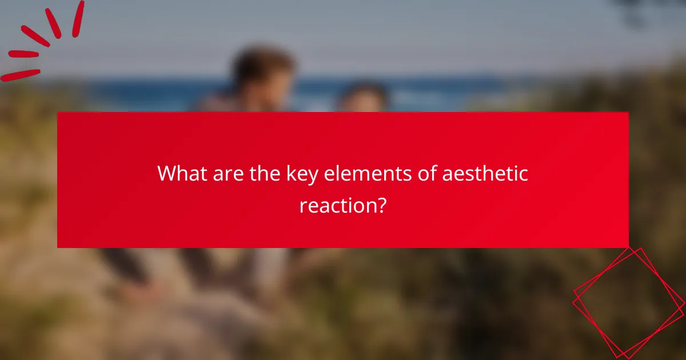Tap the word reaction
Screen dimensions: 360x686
(x=336, y=205)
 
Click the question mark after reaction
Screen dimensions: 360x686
(x=380, y=205)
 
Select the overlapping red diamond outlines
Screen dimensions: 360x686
(x=628, y=302)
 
